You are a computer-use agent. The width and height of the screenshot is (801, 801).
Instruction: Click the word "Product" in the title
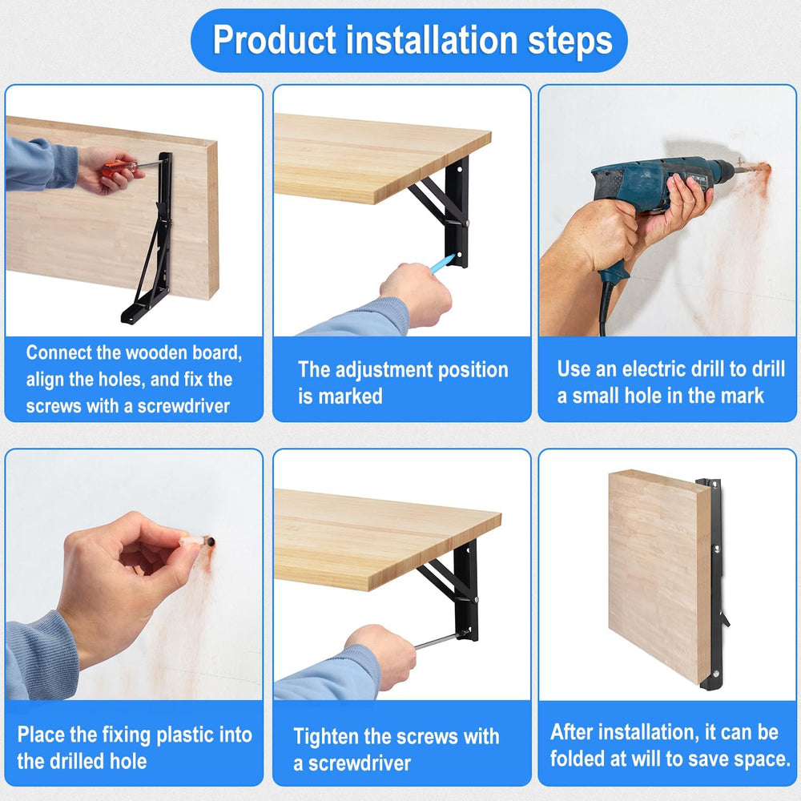coord(274,40)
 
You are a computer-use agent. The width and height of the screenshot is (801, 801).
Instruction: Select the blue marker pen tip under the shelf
coord(442,263)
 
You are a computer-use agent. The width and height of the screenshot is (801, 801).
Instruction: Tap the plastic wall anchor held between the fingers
coord(195,541)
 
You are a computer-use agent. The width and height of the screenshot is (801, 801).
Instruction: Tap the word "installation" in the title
coord(433,40)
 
